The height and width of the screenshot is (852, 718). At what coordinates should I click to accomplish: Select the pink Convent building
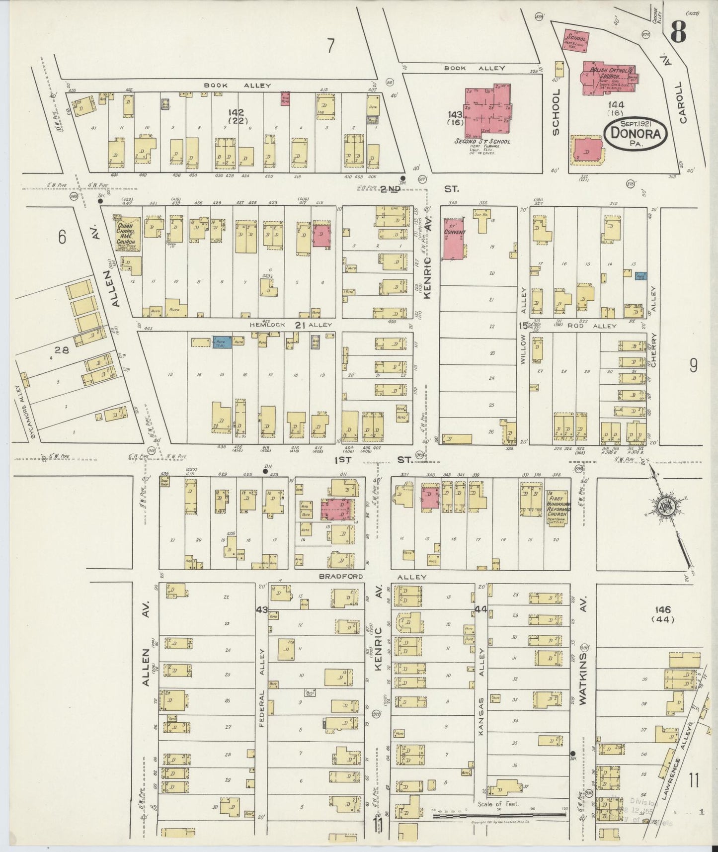point(454,238)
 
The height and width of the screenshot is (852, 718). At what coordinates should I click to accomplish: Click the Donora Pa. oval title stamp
point(635,133)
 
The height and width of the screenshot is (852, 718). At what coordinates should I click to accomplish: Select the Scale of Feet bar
point(499,815)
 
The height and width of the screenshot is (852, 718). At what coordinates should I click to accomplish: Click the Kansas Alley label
point(480,696)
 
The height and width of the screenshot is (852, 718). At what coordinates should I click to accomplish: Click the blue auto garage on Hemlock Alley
point(222,341)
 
